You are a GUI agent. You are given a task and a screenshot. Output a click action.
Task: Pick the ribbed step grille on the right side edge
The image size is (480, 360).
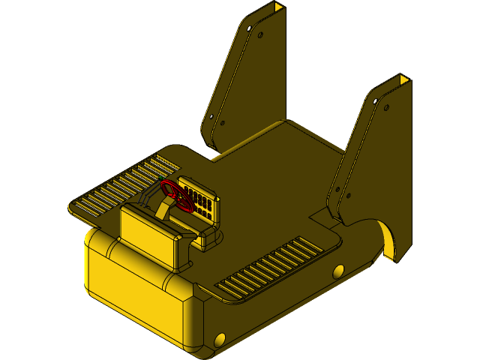270,266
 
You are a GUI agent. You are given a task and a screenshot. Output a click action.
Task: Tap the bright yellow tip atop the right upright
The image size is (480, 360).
404,79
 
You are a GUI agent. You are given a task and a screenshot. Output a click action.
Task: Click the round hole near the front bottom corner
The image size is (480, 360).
220,340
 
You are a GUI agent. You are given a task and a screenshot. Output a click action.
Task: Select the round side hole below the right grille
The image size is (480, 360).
339,271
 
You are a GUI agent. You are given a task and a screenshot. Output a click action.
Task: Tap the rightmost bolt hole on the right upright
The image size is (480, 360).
386,108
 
